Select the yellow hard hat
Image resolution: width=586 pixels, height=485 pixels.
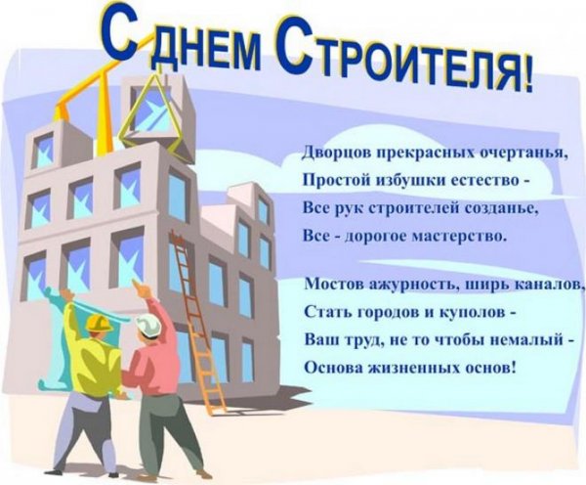[98, 324]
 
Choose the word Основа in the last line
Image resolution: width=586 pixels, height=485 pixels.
[332, 370]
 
